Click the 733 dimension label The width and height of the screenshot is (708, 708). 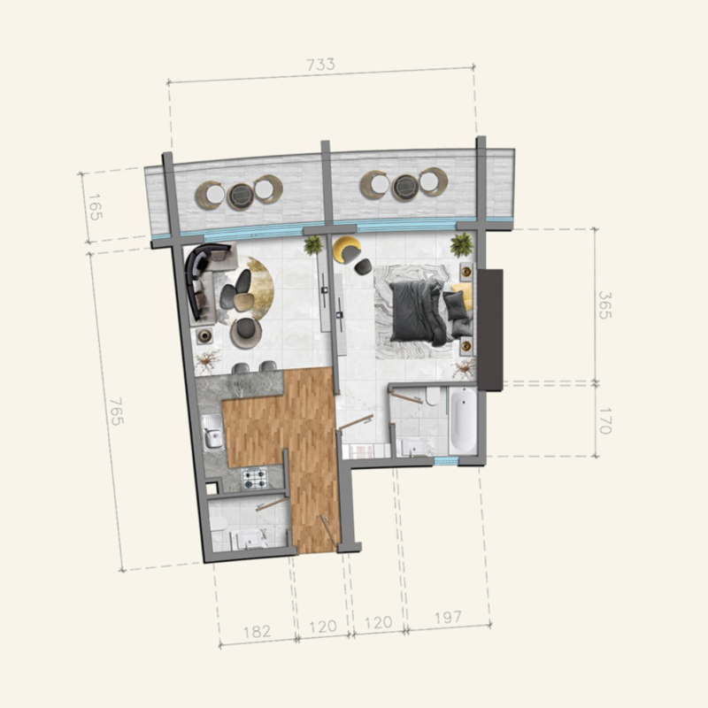coord(320,65)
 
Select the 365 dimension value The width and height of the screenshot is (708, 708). coord(604,304)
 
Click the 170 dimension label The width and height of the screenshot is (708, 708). coord(604,419)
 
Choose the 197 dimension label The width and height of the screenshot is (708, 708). coord(448,618)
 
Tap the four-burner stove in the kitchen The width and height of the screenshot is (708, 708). coord(255,479)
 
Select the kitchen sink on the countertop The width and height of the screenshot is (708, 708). coord(212,437)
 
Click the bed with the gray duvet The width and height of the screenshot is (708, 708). coord(418,311)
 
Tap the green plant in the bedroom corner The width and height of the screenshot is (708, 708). coord(460,244)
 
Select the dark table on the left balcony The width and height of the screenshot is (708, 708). coord(240,194)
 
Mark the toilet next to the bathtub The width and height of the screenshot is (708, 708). coord(432,396)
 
